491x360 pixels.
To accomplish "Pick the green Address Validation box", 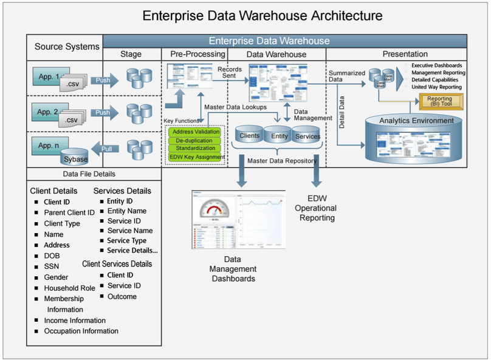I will [194, 132].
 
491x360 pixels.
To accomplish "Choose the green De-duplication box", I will [194, 140].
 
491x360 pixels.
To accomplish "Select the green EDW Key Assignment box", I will [194, 157].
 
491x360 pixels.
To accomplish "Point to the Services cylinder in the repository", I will [307, 137].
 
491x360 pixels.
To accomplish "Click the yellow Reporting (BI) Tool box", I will [439, 101].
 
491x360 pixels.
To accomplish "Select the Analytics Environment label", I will [416, 121].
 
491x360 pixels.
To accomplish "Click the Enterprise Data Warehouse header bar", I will [269, 41].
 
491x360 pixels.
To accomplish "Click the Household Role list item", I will [69, 288].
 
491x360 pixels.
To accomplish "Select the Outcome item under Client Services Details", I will [122, 296].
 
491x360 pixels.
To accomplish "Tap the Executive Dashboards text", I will [436, 66].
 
